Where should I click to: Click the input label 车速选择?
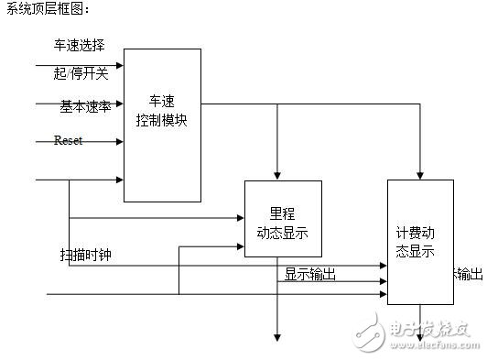[x=79, y=44]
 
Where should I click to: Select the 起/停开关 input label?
[x=81, y=73]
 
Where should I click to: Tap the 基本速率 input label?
[x=85, y=105]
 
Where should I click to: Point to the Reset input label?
[x=69, y=140]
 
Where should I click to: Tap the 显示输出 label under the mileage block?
[x=309, y=273]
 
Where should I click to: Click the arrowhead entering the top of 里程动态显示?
[x=276, y=176]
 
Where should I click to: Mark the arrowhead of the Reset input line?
[x=119, y=142]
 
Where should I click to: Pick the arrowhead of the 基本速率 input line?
[x=119, y=104]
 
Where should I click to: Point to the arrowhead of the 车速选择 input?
[x=119, y=65]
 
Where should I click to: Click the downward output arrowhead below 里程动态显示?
[x=276, y=336]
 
